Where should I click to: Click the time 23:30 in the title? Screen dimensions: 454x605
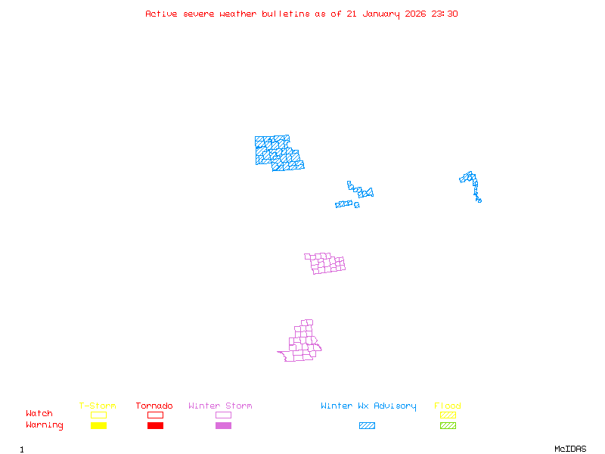445,14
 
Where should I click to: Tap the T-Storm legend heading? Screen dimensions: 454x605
98,406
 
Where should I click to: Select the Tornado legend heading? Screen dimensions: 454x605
154,406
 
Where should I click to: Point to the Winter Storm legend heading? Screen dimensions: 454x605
220,406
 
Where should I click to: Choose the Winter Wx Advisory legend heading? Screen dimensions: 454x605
368,406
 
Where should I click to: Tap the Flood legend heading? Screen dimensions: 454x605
448,406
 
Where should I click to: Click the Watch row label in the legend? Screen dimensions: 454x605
39,414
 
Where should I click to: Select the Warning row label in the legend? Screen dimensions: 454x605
45,425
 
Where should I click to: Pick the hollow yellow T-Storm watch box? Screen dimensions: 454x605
98,415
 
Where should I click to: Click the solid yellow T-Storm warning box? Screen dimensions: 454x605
98,426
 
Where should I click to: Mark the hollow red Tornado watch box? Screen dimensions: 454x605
155,415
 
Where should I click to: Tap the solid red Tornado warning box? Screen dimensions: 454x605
155,426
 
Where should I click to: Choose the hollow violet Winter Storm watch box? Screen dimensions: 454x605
223,415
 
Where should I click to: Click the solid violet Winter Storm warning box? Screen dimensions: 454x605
223,426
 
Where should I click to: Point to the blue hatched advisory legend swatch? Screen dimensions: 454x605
367,426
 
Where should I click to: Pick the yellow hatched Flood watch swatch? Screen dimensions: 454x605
448,415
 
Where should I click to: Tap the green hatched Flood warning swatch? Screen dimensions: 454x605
448,426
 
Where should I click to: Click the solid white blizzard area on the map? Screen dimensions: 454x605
346,197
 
